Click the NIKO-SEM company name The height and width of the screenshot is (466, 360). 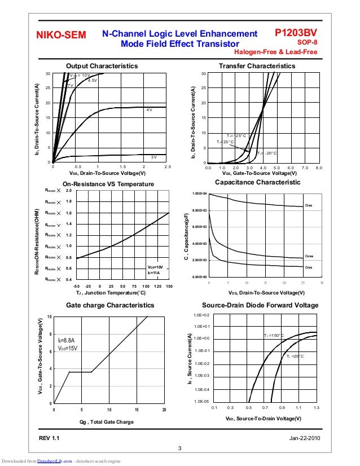click(61, 36)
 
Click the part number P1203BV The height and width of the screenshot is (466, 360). click(295, 34)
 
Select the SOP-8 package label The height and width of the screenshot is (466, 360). click(307, 42)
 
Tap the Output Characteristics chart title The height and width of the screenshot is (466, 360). click(102, 66)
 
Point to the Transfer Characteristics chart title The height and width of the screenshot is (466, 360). click(257, 66)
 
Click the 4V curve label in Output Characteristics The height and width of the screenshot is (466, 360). click(149, 110)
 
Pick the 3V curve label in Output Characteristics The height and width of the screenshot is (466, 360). click(153, 157)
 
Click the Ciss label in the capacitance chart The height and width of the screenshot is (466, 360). click(308, 205)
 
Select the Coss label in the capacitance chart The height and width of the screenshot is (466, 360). click(309, 256)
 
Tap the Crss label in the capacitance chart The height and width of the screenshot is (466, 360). click(308, 266)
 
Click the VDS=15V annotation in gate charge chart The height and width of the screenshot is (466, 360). click(67, 349)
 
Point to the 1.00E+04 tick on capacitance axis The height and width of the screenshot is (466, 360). click(200, 194)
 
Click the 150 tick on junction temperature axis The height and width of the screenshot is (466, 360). click(169, 287)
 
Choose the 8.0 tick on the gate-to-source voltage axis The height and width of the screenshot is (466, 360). click(319, 168)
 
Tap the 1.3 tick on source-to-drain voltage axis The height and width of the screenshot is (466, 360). click(317, 407)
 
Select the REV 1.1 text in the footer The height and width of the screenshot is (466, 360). click(49, 438)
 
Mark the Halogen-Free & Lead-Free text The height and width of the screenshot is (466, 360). click(279, 52)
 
